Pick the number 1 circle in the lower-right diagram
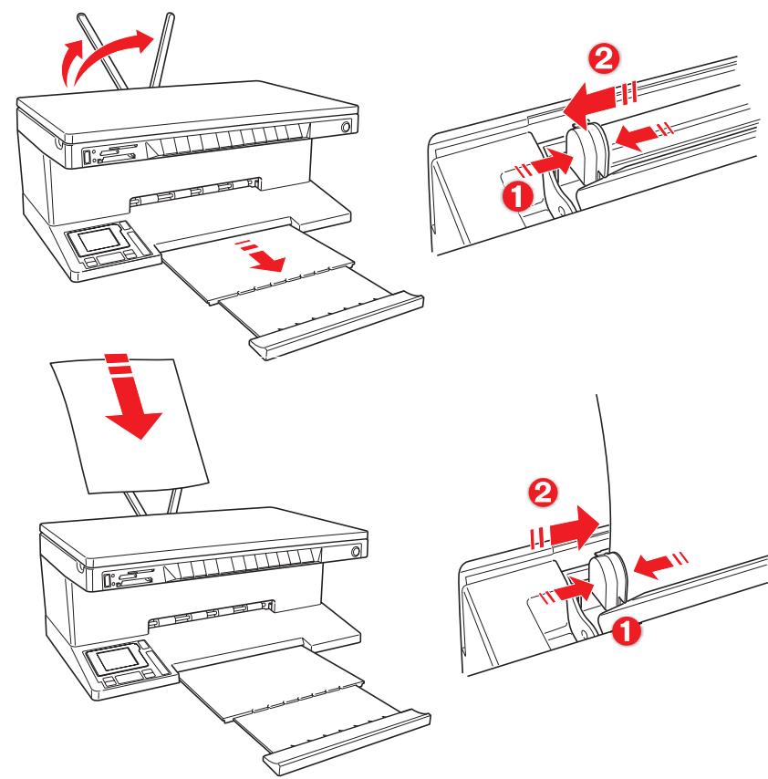(x=624, y=628)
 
